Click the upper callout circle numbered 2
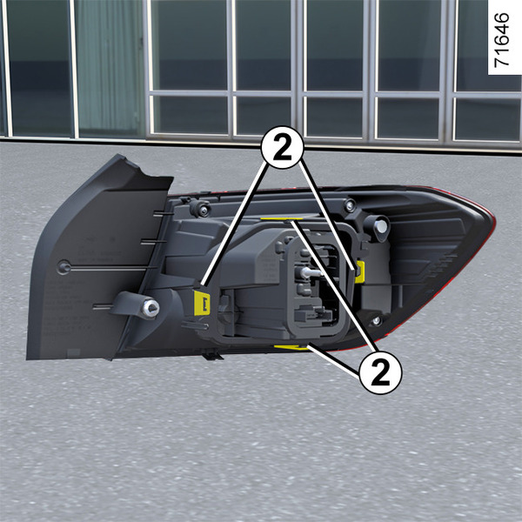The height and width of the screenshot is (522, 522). tap(282, 147)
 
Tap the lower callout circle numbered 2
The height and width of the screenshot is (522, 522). tap(380, 372)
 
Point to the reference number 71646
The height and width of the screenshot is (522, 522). tap(501, 40)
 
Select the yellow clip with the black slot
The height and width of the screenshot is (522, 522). tap(202, 303)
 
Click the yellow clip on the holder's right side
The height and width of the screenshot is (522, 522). tap(360, 272)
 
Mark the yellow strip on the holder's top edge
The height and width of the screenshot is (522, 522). tap(282, 219)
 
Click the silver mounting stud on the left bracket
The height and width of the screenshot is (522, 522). tap(151, 308)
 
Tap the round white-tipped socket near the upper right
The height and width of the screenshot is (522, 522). tap(380, 227)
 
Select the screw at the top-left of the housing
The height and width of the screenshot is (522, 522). tap(202, 209)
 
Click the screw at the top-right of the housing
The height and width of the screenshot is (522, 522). tap(350, 204)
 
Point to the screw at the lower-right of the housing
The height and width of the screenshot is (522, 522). tap(376, 321)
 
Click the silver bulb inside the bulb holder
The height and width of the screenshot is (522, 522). tap(309, 273)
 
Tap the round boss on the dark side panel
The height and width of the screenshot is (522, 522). tap(64, 267)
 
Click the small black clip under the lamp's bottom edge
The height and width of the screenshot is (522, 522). tap(212, 356)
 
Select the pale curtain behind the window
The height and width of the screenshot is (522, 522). tap(110, 67)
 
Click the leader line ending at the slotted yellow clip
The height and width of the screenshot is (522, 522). tap(235, 224)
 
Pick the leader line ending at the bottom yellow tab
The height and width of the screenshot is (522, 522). tap(334, 361)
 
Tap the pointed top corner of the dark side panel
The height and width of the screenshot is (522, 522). tap(118, 155)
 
